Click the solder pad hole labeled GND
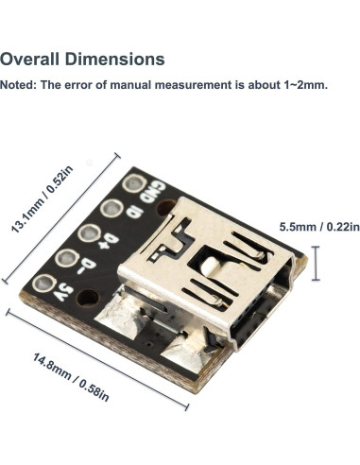coord(133,183)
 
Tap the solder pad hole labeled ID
coord(111,210)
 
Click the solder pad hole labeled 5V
coord(43,283)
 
